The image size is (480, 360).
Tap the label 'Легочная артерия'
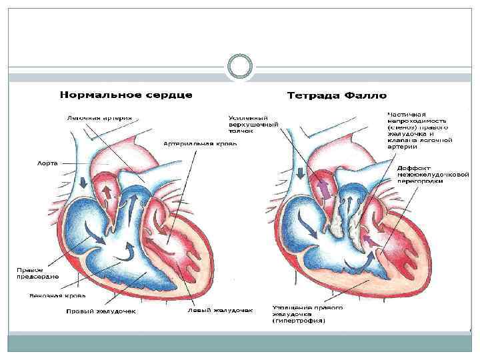point(99,119)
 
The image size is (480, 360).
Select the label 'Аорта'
point(47,162)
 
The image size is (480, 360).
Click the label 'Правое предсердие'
point(39,273)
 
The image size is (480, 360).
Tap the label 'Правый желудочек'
point(101,311)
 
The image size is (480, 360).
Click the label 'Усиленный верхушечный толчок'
point(253,125)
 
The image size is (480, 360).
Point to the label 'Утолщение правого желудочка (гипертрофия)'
point(307,314)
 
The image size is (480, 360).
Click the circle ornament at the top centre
point(239,67)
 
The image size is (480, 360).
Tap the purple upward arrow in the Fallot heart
point(324,190)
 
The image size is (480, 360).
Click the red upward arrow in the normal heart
point(106,192)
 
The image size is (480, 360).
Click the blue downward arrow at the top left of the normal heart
point(83,182)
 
